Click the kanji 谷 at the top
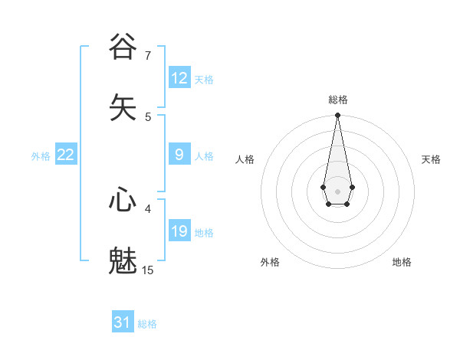(123, 47)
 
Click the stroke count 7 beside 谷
(148, 55)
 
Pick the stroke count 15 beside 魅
(148, 270)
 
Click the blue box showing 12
(179, 78)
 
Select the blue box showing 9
(179, 155)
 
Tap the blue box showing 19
(179, 231)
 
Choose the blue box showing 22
(66, 155)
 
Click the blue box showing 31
(123, 322)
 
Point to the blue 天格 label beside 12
(204, 80)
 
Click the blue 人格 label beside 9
(204, 156)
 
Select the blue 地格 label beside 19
(204, 233)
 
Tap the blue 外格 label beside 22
(41, 156)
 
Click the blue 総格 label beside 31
(147, 324)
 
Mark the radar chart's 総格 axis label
(337, 100)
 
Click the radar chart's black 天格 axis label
(431, 159)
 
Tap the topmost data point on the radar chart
(337, 116)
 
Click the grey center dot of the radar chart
(337, 191)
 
